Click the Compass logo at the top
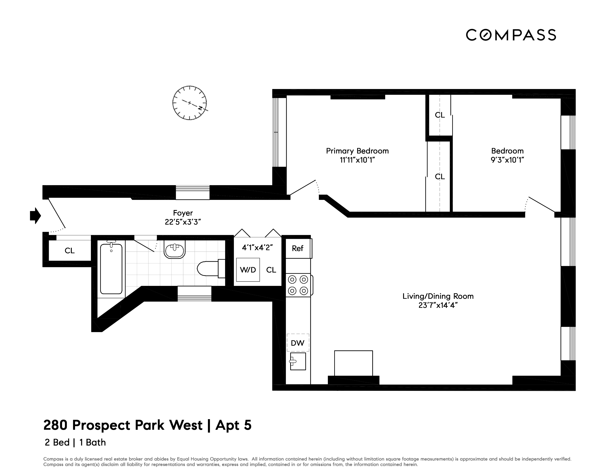click(x=510, y=35)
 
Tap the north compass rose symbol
click(x=189, y=103)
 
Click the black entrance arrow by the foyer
click(x=35, y=216)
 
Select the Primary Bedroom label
click(x=357, y=151)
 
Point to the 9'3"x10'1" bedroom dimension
click(x=507, y=160)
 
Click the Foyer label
click(x=183, y=213)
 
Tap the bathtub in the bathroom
click(x=111, y=269)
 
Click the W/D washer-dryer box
click(x=248, y=270)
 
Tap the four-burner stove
click(x=298, y=285)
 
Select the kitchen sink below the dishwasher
click(x=298, y=361)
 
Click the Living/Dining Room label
click(x=438, y=296)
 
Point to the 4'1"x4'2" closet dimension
click(x=257, y=248)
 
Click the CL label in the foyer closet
click(x=70, y=251)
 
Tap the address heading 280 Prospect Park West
click(x=123, y=425)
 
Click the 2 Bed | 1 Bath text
click(x=75, y=443)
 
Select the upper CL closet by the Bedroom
click(x=440, y=115)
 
